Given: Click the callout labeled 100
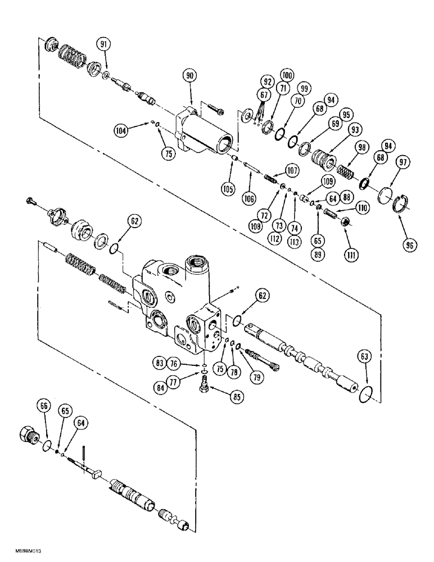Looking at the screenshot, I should [x=287, y=75].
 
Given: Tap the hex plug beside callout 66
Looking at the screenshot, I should [x=29, y=434].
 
